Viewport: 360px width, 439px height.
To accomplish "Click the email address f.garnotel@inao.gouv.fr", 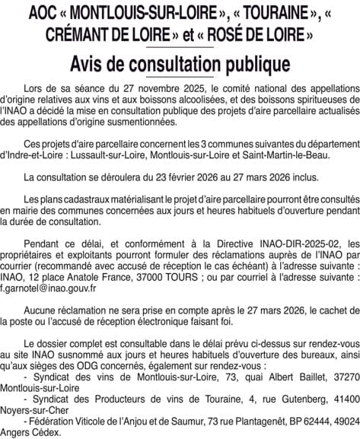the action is click(48, 288).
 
